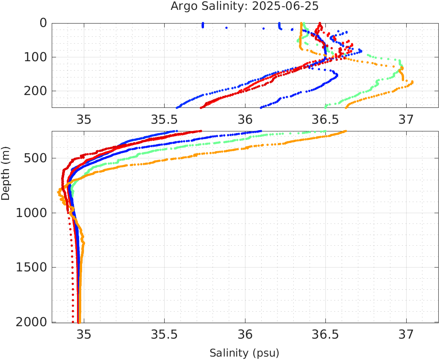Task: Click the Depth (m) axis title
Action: click(6, 176)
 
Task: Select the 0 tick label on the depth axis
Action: click(43, 23)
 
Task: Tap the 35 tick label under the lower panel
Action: click(84, 333)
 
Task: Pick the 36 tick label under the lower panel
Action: click(245, 333)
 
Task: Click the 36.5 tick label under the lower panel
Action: click(325, 333)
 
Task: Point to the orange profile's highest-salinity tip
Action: click(412, 82)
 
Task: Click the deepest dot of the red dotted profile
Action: click(73, 321)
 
